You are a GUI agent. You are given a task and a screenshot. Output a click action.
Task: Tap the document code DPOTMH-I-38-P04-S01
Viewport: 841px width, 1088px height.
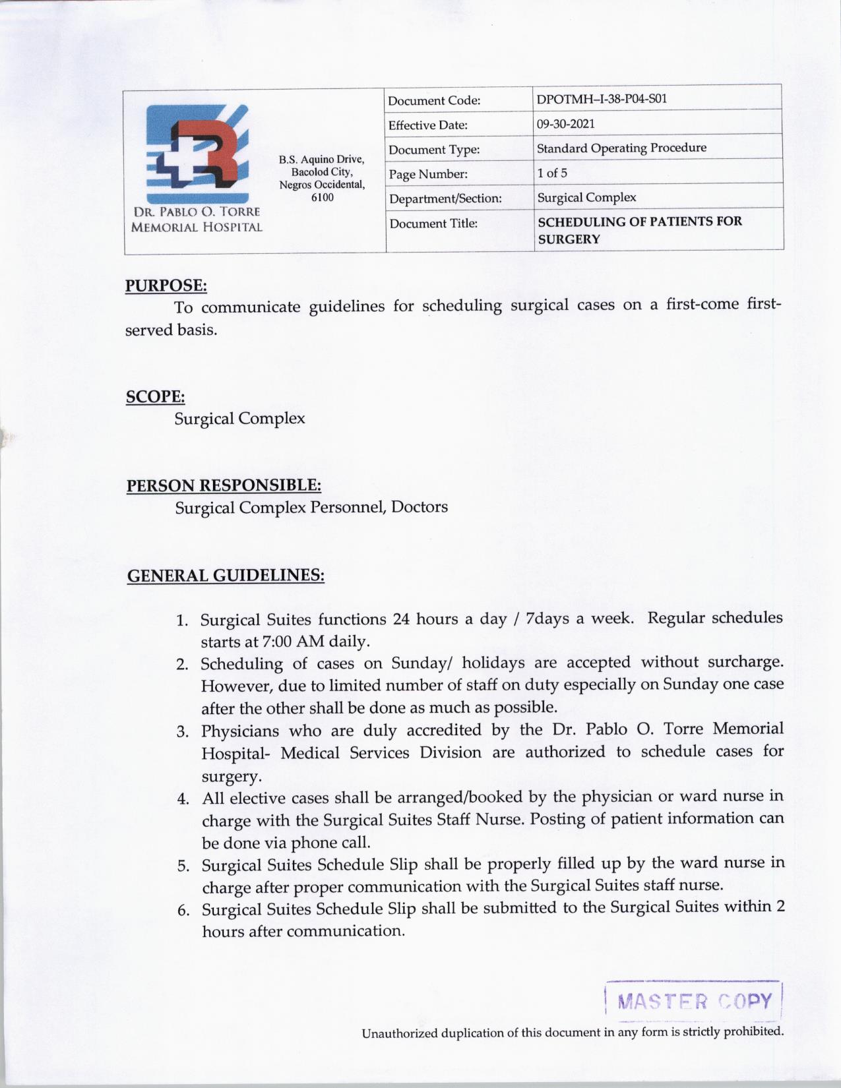point(602,100)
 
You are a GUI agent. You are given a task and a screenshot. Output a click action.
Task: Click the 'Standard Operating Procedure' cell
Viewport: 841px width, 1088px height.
point(621,148)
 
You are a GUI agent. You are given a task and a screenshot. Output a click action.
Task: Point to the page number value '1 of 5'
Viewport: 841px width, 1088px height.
point(551,173)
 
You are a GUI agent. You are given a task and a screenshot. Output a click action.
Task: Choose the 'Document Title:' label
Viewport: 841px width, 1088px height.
point(433,224)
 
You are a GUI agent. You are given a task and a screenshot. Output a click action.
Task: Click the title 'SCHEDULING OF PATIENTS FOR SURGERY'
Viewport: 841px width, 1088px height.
point(639,230)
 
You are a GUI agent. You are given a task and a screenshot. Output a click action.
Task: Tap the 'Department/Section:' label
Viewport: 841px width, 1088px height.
point(445,198)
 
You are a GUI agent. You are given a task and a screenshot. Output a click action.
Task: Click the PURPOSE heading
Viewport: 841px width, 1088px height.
point(166,286)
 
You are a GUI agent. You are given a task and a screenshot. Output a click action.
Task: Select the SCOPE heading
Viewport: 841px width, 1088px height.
point(155,397)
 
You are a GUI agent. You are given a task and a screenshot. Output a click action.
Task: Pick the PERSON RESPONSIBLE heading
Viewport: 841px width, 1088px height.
point(224,486)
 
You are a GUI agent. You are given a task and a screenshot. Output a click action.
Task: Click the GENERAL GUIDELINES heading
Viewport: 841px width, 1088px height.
point(225,576)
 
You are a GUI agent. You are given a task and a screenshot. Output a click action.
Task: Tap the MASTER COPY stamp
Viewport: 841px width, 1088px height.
point(693,1002)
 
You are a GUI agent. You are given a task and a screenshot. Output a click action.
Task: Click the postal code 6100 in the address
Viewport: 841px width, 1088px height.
point(322,197)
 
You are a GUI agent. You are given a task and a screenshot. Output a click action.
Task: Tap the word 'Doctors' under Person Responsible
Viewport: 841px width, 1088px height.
point(420,507)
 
